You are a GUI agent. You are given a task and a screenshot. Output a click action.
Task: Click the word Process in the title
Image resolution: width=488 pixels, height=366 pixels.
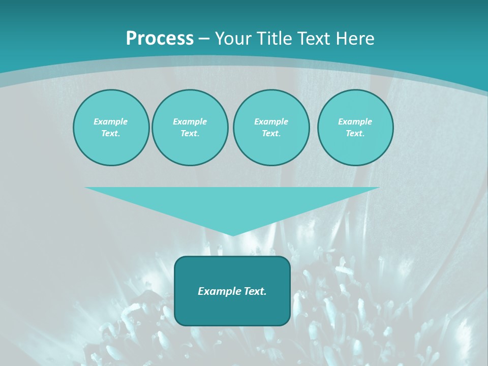tap(160, 39)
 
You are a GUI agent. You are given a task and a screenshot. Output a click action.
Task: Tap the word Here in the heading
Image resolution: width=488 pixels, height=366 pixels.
tap(355, 39)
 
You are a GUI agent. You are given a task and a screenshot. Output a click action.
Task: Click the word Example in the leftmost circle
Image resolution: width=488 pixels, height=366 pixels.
tap(111, 121)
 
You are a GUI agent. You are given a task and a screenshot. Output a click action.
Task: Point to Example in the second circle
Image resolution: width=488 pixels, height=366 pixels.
tap(190, 121)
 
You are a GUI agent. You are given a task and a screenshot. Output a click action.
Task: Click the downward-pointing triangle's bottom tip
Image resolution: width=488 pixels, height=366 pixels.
tap(232, 234)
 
